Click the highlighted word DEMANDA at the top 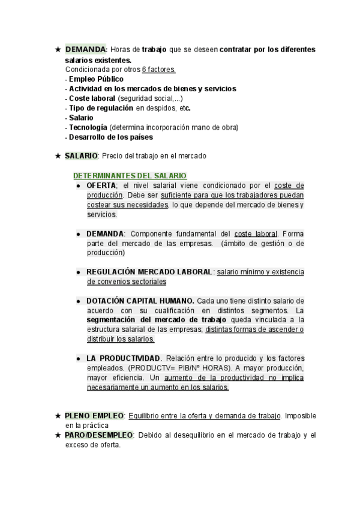click(x=85, y=49)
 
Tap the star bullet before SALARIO click(x=58, y=156)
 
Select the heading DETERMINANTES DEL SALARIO click(x=130, y=176)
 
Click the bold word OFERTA click(x=101, y=185)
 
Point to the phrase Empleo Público click(x=96, y=79)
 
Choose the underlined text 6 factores click(x=159, y=70)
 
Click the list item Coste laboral click(x=92, y=98)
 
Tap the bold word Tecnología click(x=88, y=127)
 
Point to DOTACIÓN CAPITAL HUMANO click(x=140, y=301)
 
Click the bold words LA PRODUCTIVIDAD click(x=123, y=358)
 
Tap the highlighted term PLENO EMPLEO click(x=94, y=415)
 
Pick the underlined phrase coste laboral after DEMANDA click(x=256, y=233)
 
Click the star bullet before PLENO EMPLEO click(x=58, y=415)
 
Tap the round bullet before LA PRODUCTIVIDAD click(x=79, y=358)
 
